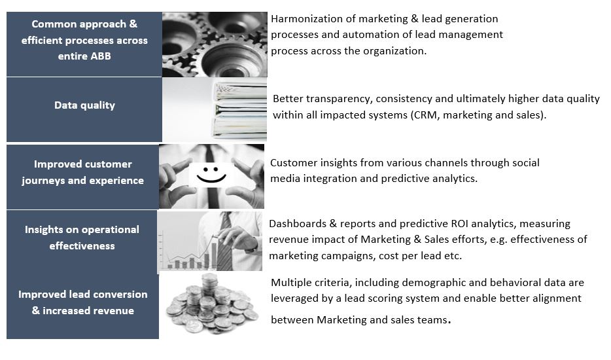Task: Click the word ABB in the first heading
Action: coord(101,56)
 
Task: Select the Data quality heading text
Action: coord(84,105)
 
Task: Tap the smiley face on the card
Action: coord(211,175)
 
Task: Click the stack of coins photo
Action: coord(211,304)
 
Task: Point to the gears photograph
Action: coord(215,44)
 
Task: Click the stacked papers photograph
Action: coord(215,109)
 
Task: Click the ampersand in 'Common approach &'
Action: coord(133,24)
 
